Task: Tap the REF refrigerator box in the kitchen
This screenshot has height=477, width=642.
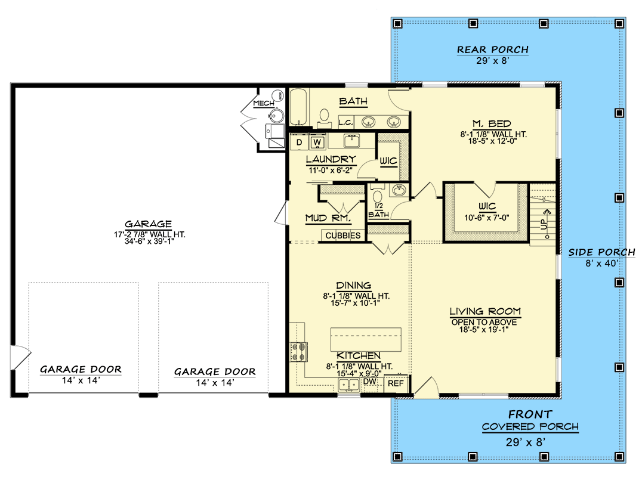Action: (396, 384)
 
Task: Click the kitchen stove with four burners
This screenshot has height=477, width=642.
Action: (299, 352)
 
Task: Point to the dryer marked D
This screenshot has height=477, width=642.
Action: (300, 142)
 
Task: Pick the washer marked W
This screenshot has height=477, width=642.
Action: (317, 143)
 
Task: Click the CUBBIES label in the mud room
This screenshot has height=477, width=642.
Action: (342, 236)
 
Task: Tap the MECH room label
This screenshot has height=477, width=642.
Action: (263, 103)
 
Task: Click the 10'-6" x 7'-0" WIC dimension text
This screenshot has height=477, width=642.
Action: (487, 218)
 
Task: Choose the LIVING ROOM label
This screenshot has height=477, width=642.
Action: (485, 311)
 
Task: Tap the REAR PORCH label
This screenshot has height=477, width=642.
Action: (492, 49)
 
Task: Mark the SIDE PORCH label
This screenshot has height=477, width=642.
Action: (601, 252)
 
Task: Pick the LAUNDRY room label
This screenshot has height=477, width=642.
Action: (331, 160)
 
